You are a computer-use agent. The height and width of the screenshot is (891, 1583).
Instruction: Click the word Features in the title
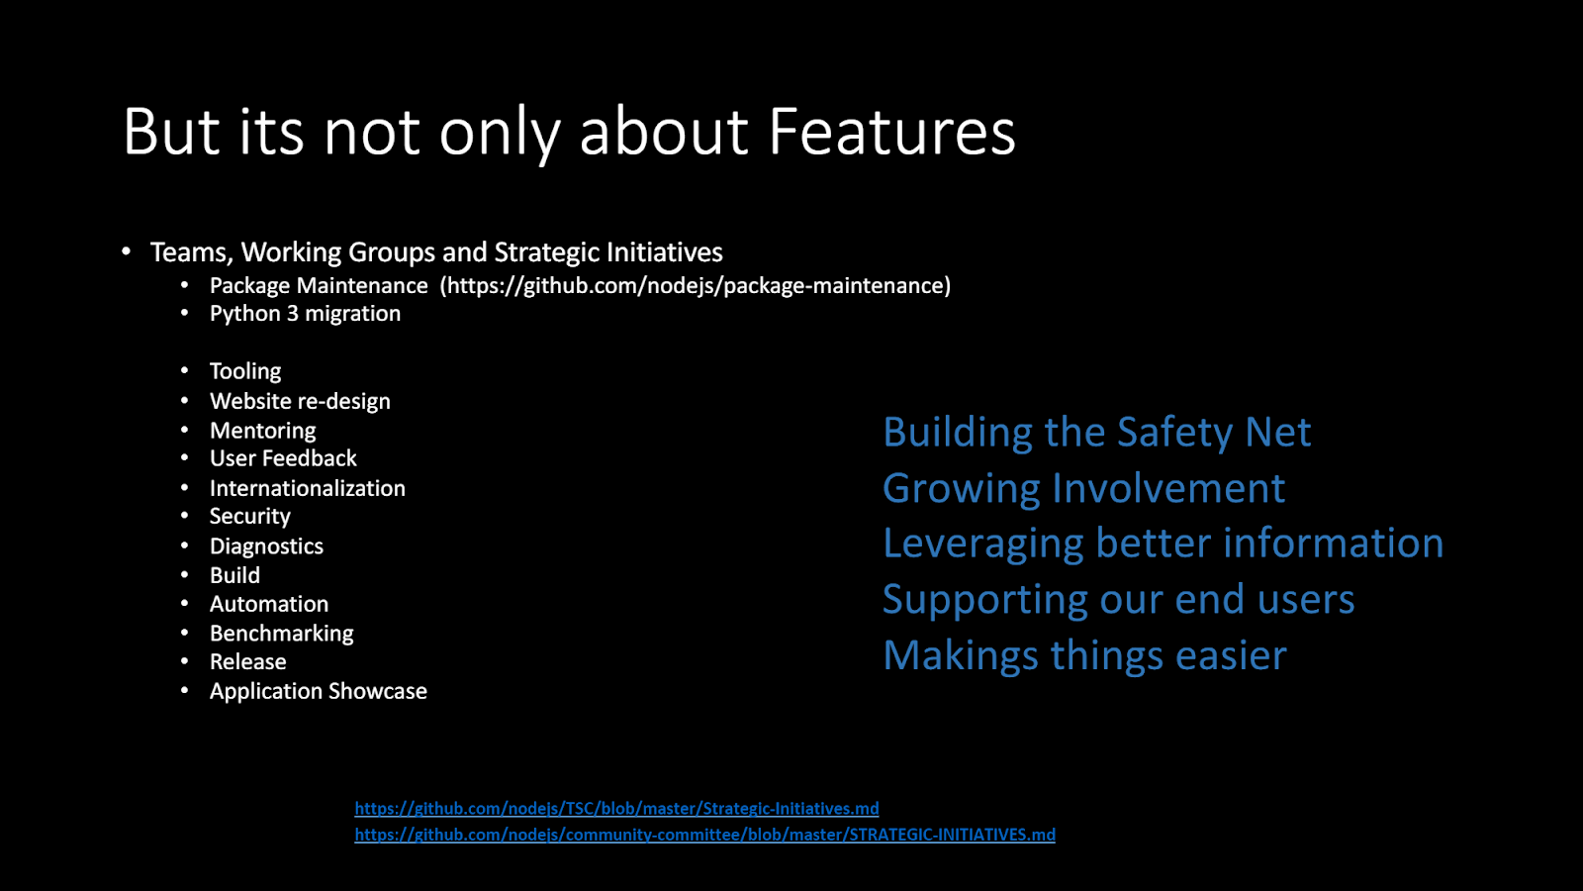point(891,132)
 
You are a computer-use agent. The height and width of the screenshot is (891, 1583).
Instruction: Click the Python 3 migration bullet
point(306,314)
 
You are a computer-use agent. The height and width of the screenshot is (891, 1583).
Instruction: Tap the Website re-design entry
point(301,402)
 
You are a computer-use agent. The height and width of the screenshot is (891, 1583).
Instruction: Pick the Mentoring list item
point(263,431)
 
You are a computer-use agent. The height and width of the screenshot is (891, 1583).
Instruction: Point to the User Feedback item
point(283,458)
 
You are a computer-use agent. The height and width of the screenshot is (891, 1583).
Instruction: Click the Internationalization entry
point(308,488)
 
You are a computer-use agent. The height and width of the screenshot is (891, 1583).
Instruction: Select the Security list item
point(250,517)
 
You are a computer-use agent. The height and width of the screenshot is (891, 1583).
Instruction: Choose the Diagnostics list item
point(266,546)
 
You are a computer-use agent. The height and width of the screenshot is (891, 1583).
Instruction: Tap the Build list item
point(234,575)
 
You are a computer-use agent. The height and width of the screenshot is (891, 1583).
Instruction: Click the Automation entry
point(269,604)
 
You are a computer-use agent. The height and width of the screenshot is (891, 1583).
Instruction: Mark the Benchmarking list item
point(282,634)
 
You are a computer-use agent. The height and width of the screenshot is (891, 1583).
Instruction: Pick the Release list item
point(248,662)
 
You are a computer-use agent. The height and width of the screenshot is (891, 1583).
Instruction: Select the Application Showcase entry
point(319,692)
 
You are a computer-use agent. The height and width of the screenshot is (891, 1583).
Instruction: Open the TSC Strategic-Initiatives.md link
point(617,808)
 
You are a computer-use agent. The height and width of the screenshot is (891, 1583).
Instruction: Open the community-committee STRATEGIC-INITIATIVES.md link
point(705,835)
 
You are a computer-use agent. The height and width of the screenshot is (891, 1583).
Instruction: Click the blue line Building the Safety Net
point(1097,432)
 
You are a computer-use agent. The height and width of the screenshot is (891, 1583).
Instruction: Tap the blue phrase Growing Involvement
point(1084,489)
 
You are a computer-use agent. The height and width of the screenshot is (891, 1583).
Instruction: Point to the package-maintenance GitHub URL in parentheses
point(696,286)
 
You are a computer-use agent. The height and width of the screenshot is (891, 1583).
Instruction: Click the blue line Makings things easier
point(1085,656)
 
